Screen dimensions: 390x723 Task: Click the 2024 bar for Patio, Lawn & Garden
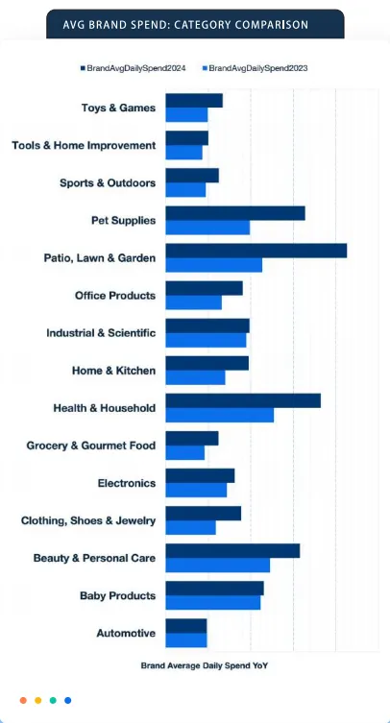pos(256,251)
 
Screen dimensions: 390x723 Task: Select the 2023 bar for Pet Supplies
pos(207,228)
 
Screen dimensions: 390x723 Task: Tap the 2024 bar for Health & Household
pos(243,400)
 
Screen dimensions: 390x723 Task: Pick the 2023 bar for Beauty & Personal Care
pos(218,566)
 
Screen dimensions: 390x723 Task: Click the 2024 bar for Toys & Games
pos(194,101)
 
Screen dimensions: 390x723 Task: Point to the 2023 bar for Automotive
pos(186,640)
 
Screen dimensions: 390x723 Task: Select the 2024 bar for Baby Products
pos(214,589)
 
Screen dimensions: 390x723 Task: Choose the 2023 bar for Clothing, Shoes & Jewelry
pos(190,527)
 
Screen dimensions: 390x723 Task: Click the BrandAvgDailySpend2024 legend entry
pos(133,68)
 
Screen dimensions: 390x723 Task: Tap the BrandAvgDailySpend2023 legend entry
pos(255,68)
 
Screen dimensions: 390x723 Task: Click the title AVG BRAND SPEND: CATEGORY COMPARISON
pos(185,24)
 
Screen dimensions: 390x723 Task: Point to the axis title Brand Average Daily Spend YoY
pos(204,665)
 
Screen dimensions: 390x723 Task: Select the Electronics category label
pos(127,483)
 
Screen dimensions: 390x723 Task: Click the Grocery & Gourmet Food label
pos(91,446)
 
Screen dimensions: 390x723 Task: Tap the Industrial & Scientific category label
pos(101,333)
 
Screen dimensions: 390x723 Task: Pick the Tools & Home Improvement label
pos(84,146)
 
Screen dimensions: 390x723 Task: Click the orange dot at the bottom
pos(23,700)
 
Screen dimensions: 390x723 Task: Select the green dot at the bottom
pos(53,700)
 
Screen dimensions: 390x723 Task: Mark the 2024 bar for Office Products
pos(204,288)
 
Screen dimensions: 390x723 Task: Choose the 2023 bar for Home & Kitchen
pos(195,377)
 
